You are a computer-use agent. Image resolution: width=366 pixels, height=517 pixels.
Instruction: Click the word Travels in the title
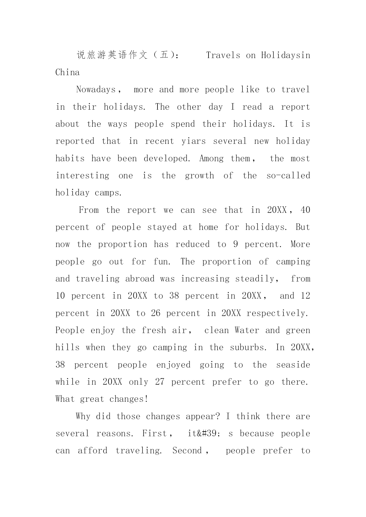point(223,55)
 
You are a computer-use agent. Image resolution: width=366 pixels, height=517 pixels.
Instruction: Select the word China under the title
point(68,73)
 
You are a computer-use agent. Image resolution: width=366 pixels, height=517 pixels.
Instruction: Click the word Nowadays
point(96,90)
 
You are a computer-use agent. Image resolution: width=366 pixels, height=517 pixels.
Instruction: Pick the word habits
point(70,159)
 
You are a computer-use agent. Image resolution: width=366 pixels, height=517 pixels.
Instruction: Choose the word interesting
point(82,176)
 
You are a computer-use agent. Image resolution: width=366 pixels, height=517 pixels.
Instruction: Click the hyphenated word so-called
point(288,176)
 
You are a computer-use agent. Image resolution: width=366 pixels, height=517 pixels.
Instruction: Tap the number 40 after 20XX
point(305,210)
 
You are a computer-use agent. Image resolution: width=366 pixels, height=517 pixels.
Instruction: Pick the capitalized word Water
point(247,330)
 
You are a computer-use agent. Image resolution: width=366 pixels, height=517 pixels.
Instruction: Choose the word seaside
point(293,365)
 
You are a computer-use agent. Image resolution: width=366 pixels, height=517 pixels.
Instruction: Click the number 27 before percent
point(160,382)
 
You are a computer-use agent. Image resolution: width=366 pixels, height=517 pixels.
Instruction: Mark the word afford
point(93,451)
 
